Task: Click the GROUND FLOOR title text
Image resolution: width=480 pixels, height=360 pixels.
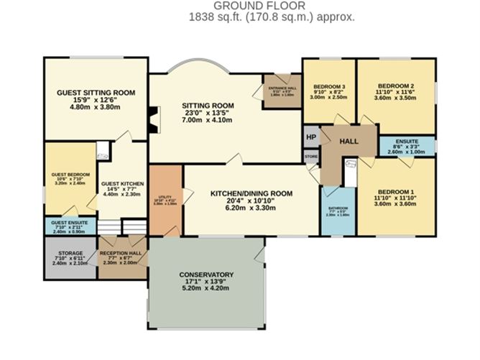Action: tap(239, 6)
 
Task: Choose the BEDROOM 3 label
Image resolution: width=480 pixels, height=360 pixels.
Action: tap(330, 87)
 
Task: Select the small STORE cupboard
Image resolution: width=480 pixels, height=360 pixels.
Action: tap(311, 155)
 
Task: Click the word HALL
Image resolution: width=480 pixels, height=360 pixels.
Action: tap(349, 142)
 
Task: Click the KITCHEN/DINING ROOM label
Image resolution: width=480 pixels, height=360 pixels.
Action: tap(251, 193)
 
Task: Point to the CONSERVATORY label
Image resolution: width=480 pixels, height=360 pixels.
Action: tap(206, 274)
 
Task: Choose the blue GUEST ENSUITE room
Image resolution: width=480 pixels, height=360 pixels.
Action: tap(70, 227)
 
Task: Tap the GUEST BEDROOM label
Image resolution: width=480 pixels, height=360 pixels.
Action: tap(70, 175)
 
